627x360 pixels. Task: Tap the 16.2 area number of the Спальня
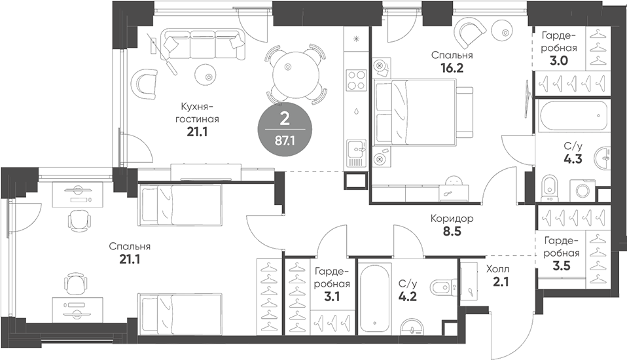(452, 67)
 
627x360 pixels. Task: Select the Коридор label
(452, 218)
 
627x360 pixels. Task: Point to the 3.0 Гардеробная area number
(558, 61)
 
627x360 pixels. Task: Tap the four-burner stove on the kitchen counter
(357, 80)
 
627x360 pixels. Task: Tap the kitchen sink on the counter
(356, 152)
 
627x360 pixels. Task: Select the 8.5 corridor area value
(452, 230)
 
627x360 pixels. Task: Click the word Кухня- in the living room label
(198, 107)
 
